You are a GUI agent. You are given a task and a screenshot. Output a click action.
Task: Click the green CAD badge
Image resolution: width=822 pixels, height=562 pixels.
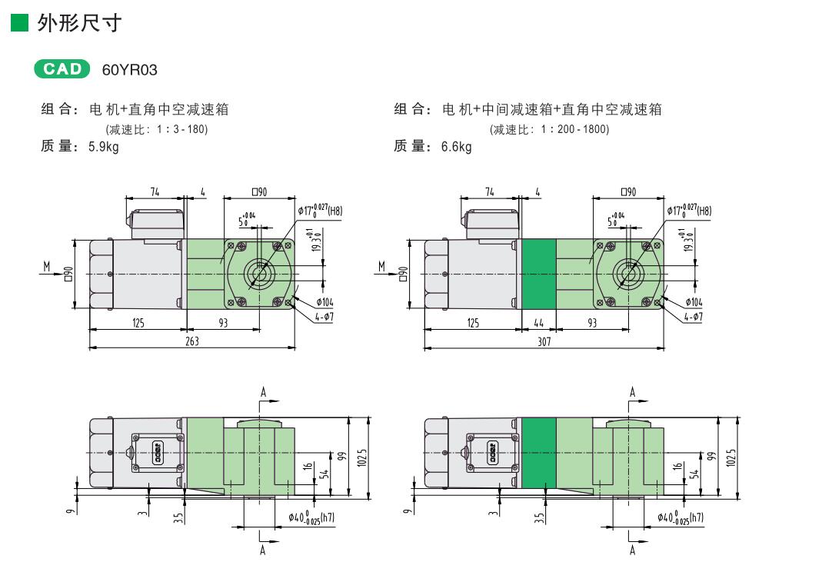click(62, 68)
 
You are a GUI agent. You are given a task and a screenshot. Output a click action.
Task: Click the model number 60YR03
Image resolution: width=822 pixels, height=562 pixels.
click(129, 70)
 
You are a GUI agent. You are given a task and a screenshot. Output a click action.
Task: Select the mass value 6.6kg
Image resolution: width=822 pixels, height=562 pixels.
click(456, 147)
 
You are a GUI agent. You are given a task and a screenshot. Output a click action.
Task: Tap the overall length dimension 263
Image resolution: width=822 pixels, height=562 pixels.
click(192, 341)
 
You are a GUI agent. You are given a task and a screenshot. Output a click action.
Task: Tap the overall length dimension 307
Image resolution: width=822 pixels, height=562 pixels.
click(544, 341)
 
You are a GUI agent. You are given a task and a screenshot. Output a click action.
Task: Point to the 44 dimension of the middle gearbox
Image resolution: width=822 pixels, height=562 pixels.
click(538, 324)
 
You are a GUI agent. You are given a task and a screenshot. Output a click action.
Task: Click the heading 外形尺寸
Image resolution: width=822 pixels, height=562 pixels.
click(80, 23)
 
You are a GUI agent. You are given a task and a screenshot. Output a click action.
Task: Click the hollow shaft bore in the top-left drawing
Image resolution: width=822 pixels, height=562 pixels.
click(260, 274)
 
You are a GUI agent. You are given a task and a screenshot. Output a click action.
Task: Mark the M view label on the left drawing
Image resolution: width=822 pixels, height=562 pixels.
click(47, 266)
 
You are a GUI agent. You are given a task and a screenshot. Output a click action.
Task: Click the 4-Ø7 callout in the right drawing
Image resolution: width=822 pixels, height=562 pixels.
click(692, 316)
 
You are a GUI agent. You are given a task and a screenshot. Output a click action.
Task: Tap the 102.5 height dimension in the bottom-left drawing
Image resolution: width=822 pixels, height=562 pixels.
click(361, 457)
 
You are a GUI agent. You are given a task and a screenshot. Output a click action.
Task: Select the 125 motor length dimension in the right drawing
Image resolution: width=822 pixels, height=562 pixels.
click(473, 324)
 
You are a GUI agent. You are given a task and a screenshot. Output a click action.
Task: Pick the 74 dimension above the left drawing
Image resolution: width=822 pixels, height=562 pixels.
click(155, 192)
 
